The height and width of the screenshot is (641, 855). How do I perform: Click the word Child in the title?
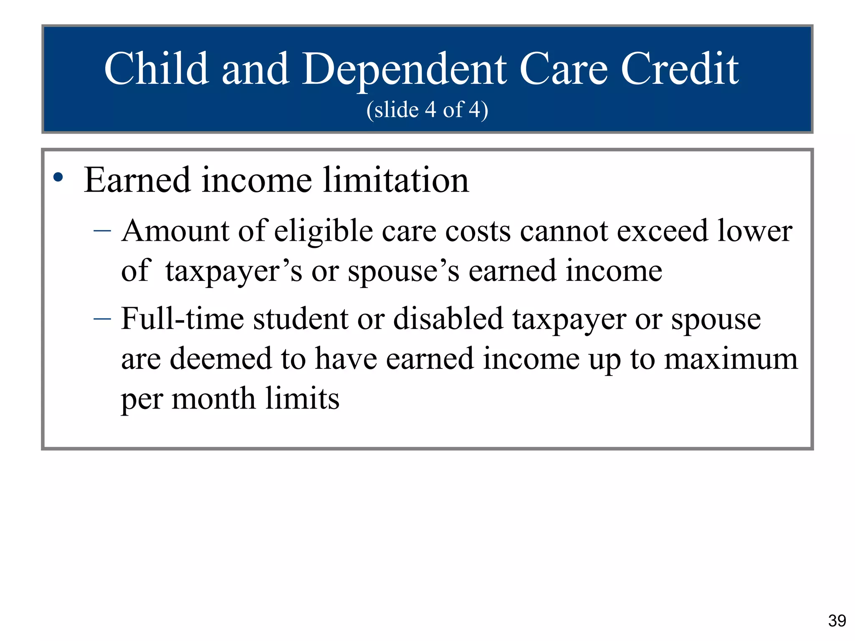(x=156, y=69)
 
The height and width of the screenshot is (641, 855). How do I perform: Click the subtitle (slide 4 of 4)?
(x=427, y=110)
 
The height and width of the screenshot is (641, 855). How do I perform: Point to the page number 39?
(x=837, y=621)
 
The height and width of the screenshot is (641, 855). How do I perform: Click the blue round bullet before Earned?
(x=58, y=178)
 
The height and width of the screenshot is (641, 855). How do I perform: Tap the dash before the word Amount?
(x=102, y=230)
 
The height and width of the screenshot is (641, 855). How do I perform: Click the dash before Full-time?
(x=102, y=319)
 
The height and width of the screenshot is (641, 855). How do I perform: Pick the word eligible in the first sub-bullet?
(x=323, y=232)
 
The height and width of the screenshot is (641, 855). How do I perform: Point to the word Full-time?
(x=182, y=319)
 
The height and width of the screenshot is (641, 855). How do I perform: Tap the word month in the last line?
(x=213, y=399)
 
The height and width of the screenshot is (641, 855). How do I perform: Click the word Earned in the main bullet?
(x=137, y=180)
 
